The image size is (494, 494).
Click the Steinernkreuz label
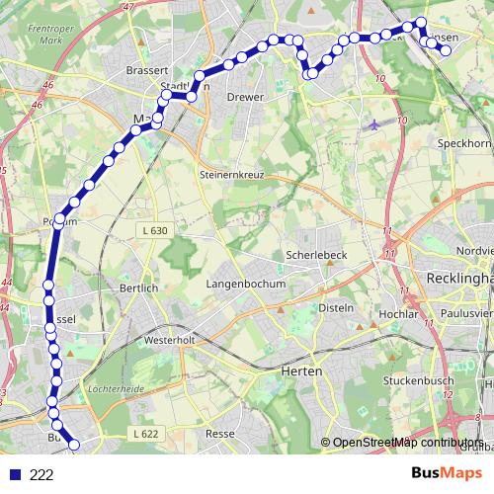[236, 175]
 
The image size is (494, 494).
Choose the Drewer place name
[244, 98]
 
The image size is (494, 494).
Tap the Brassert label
[148, 71]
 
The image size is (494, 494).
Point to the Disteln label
[336, 307]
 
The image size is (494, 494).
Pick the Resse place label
[218, 434]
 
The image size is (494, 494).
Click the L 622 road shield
[143, 433]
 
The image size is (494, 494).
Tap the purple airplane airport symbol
[372, 125]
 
